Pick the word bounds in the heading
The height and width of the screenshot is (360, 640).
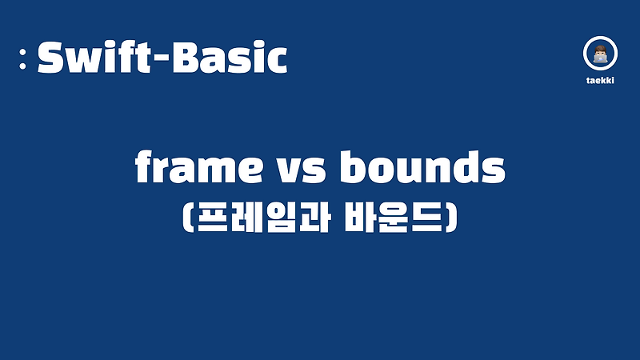[423, 169]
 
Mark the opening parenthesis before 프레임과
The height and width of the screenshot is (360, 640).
[190, 217]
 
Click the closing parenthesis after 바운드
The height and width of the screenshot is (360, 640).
[451, 217]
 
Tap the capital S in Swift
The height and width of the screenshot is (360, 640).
[51, 58]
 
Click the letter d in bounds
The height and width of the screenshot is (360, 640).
[463, 168]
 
